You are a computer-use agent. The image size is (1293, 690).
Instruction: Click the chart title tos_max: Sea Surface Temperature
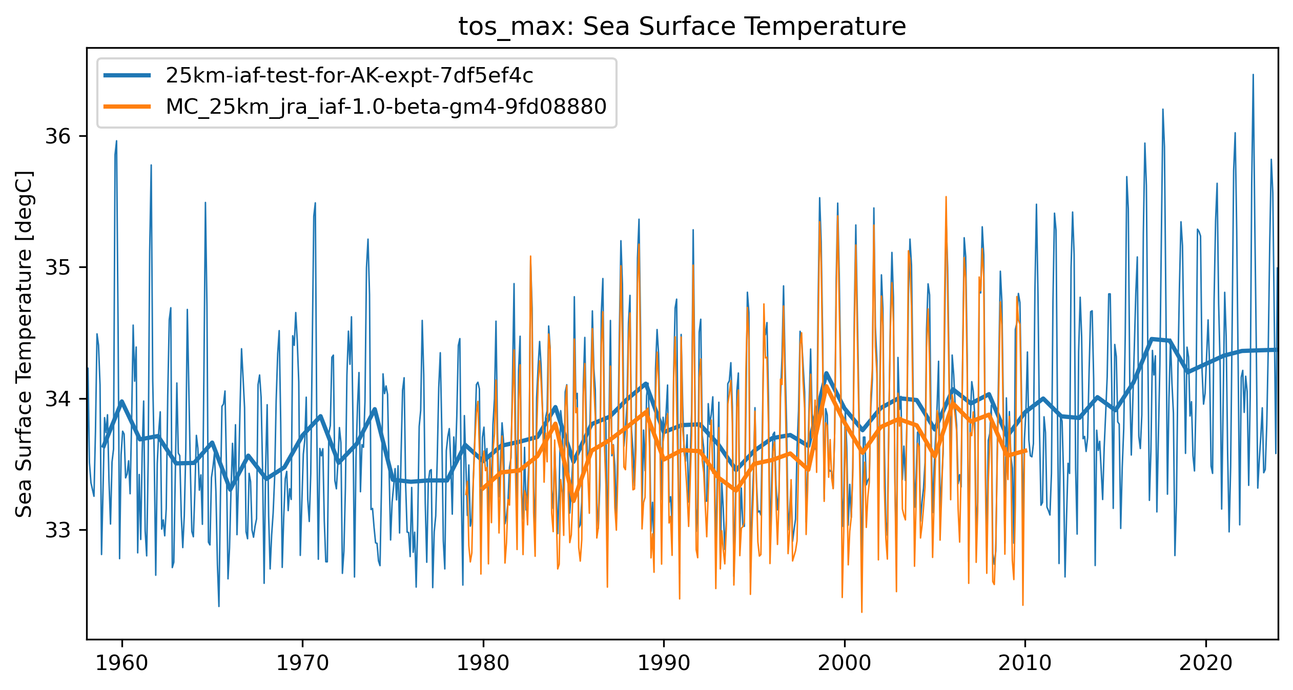pyautogui.click(x=682, y=27)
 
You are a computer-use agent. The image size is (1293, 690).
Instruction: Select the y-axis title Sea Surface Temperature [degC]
pyautogui.click(x=24, y=344)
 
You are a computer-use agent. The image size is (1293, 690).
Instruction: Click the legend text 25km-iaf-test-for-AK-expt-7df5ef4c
pyautogui.click(x=349, y=76)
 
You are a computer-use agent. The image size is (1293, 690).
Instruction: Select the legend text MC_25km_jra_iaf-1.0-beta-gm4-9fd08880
pyautogui.click(x=386, y=107)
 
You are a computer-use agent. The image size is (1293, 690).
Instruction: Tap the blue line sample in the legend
pyautogui.click(x=127, y=76)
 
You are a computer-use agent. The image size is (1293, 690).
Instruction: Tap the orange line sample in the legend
pyautogui.click(x=127, y=107)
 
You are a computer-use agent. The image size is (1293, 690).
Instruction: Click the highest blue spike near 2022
pyautogui.click(x=1253, y=75)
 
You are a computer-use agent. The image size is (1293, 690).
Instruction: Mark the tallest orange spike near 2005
pyautogui.click(x=946, y=197)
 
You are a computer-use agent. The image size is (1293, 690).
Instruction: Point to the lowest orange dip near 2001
pyautogui.click(x=861, y=611)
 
